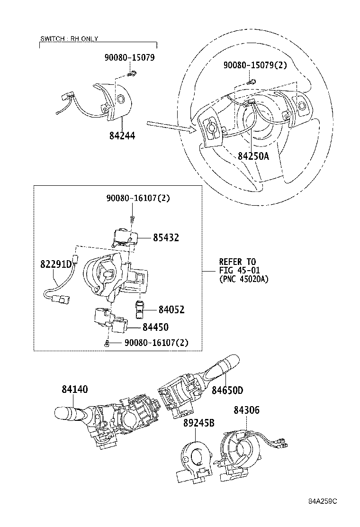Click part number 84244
122,136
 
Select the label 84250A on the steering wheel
253,156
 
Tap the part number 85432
166,237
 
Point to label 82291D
56,264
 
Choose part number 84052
171,309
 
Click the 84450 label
155,327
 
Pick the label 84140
74,389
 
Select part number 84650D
227,390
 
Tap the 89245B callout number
199,423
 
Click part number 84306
246,410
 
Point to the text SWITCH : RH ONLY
69,39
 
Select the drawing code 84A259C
323,501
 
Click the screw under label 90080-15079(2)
252,81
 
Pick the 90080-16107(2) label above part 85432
138,198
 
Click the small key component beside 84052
139,309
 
